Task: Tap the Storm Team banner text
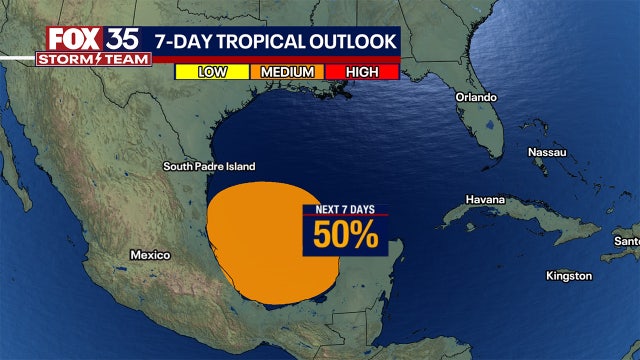pos(94,59)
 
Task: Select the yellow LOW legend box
pos(212,71)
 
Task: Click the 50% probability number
pos(345,235)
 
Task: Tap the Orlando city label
pos(476,98)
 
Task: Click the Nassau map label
pos(547,152)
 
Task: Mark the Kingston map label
pos(569,275)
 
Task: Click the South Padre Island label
pos(209,166)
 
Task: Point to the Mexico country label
pos(150,255)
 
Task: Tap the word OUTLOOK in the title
pos(356,42)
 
